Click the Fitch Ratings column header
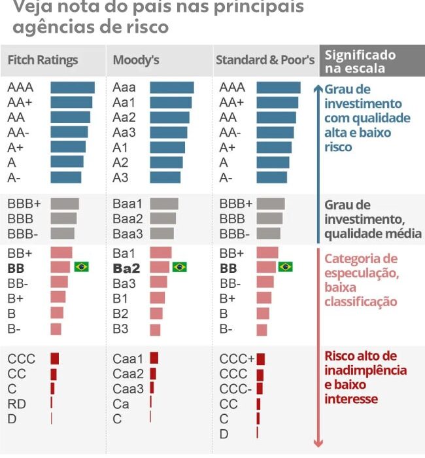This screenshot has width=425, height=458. point(42,60)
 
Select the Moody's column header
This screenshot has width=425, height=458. point(136,60)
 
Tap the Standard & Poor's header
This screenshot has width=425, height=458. point(265,60)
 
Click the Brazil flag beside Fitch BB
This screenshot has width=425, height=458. point(82,267)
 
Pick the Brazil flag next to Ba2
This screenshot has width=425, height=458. point(179,267)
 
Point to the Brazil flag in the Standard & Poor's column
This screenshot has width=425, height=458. point(285,267)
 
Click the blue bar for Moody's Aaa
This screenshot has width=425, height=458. point(172,88)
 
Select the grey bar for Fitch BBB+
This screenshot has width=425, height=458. point(65,204)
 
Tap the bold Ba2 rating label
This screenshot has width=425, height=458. point(126,268)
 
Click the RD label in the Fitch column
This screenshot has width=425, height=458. point(17,404)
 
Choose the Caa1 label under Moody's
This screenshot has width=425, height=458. point(127,359)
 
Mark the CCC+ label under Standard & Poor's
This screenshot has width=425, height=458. point(237,359)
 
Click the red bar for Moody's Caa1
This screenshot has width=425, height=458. point(154,358)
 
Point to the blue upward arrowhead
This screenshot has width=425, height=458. point(318,89)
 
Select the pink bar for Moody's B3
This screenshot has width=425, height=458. point(156,328)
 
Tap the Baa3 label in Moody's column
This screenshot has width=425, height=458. point(127,234)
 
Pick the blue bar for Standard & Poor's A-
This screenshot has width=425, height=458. point(272,177)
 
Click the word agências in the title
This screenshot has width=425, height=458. point(49,27)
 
